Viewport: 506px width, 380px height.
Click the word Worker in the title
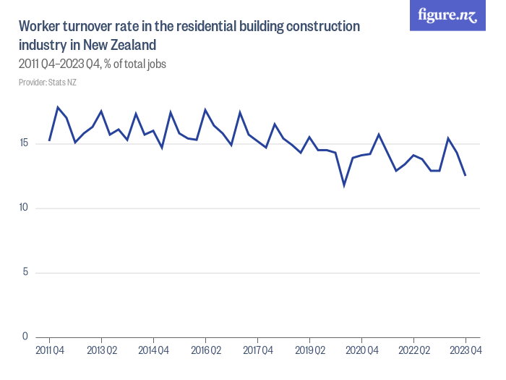pyautogui.click(x=42, y=27)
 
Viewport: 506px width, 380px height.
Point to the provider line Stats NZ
pyautogui.click(x=48, y=83)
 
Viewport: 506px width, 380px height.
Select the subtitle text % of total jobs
pyautogui.click(x=135, y=64)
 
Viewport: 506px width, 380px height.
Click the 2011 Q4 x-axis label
pyautogui.click(x=50, y=351)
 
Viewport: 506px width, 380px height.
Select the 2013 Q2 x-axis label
pyautogui.click(x=102, y=351)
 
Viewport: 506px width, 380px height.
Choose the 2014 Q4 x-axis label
pyautogui.click(x=154, y=351)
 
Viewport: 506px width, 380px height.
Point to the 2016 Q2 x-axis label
pyautogui.click(x=206, y=351)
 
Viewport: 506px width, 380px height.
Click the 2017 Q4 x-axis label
pyautogui.click(x=258, y=351)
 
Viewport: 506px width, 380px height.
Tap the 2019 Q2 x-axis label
pyautogui.click(x=310, y=351)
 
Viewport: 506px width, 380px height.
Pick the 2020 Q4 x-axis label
pyautogui.click(x=362, y=351)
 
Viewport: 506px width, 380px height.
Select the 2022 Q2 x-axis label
pyautogui.click(x=414, y=351)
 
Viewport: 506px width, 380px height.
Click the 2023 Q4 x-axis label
pyautogui.click(x=466, y=351)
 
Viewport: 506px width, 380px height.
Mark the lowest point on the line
pyautogui.click(x=344, y=185)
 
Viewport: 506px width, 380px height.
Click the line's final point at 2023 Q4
pyautogui.click(x=466, y=175)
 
